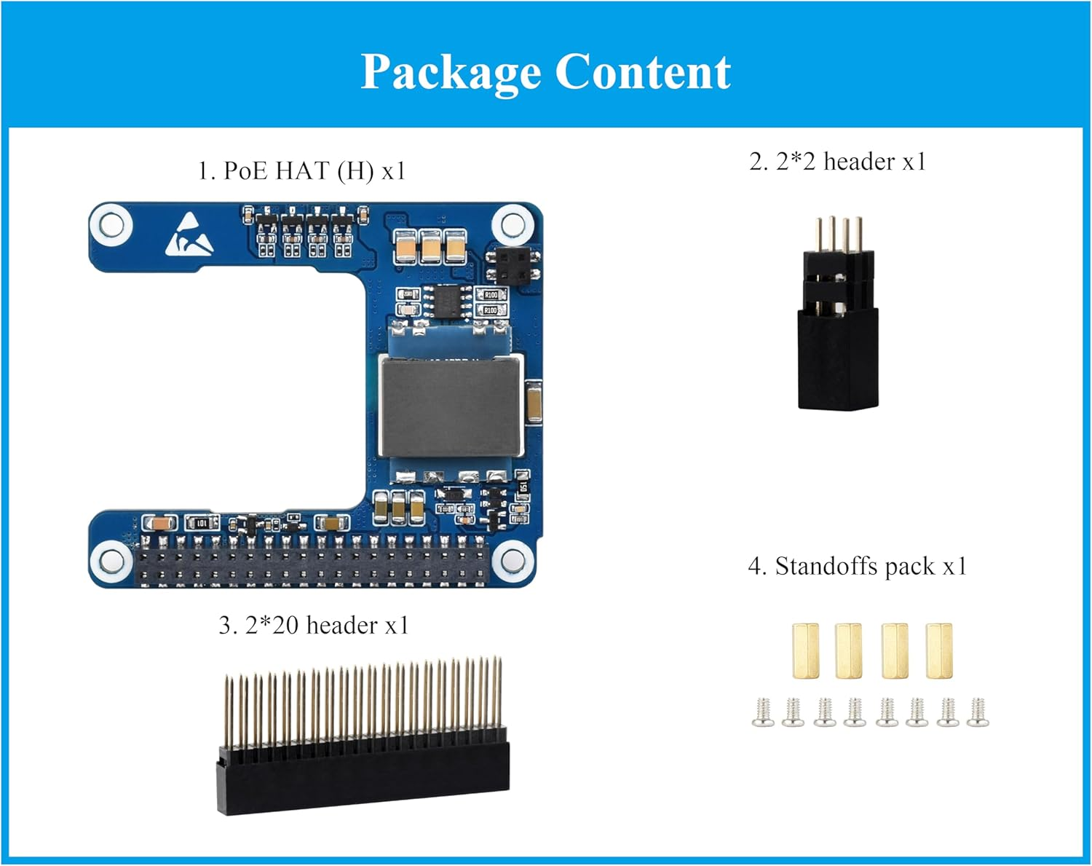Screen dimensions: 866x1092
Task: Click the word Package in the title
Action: coord(450,73)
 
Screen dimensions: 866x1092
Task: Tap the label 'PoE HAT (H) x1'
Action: coord(301,171)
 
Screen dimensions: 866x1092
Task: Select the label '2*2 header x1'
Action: coord(838,161)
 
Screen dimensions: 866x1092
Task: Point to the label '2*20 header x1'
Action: coord(314,625)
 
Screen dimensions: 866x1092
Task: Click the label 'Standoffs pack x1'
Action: coord(858,566)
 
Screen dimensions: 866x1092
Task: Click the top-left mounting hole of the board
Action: coord(111,224)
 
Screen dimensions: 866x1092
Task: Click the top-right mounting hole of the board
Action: coord(513,224)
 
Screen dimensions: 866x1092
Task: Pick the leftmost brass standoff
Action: coord(804,650)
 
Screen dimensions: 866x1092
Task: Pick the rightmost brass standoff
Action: coord(938,650)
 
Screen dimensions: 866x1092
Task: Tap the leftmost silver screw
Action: coord(762,713)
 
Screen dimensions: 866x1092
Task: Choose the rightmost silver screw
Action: coord(977,713)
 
